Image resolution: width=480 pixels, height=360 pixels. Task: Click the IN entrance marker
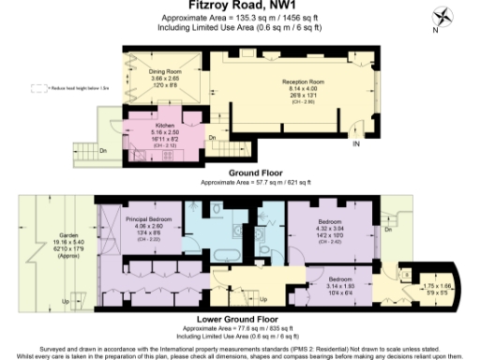click(x=355, y=144)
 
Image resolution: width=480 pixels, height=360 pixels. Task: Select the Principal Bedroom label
click(x=144, y=218)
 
